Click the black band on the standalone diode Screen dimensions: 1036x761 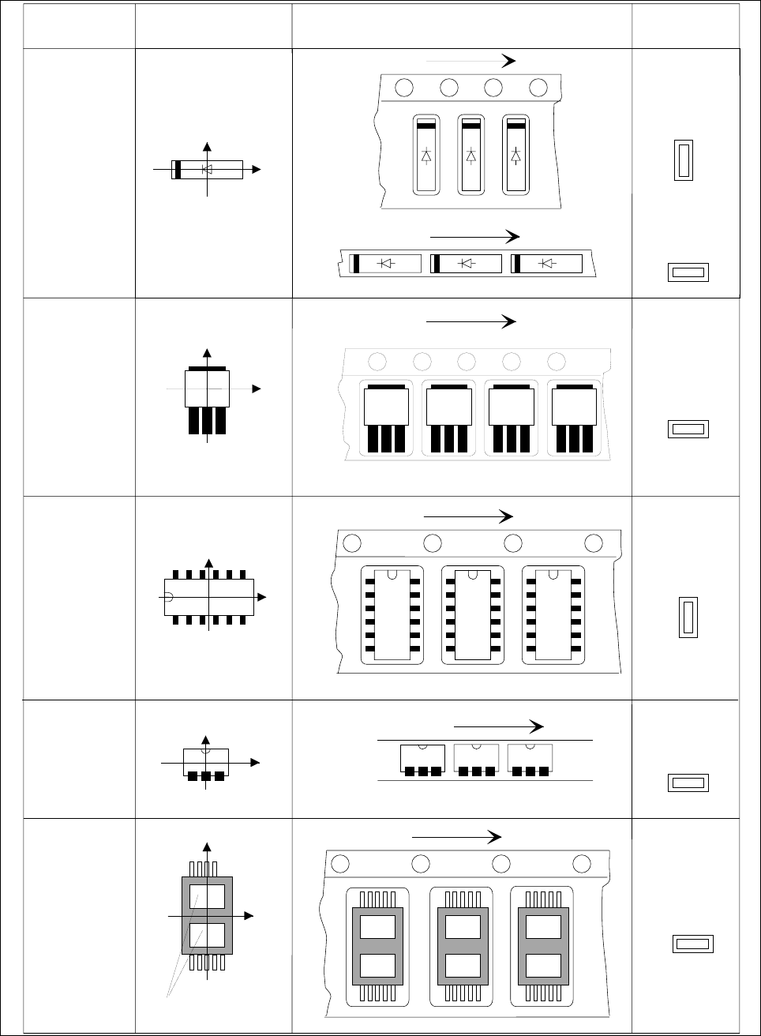[x=178, y=169]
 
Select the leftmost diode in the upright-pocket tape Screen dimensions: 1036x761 [x=426, y=155]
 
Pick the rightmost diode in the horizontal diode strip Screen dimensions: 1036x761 [x=547, y=264]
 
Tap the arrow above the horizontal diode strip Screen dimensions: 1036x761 [x=474, y=236]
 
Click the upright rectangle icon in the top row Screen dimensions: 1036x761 [x=684, y=160]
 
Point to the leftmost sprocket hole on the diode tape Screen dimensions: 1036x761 [x=404, y=87]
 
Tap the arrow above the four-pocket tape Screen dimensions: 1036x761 [x=470, y=321]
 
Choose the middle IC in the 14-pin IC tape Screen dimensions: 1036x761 [x=472, y=614]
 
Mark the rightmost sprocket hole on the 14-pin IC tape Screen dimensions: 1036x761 [x=594, y=542]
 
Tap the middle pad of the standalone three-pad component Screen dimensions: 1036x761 [x=206, y=776]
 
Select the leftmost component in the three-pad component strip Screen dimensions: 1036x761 [x=422, y=760]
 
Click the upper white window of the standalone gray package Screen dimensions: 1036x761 [x=207, y=896]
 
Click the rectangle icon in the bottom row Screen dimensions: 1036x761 [x=692, y=944]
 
